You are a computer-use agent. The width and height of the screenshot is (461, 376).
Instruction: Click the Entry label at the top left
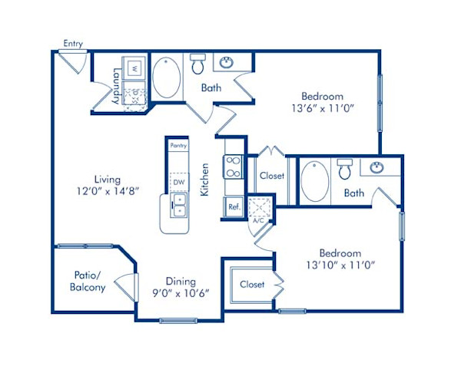click(x=73, y=44)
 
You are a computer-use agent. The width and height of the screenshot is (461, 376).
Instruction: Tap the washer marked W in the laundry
click(x=132, y=68)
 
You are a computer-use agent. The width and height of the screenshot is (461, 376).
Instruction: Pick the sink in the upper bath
click(x=227, y=62)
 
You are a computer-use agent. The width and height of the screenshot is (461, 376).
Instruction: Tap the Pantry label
click(x=179, y=144)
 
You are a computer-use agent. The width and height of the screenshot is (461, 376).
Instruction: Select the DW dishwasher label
click(x=178, y=182)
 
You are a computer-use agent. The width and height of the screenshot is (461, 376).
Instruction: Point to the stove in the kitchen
click(x=233, y=167)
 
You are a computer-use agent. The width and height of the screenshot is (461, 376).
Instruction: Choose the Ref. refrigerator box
click(x=233, y=206)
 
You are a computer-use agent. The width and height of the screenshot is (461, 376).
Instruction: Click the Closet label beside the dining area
click(x=252, y=284)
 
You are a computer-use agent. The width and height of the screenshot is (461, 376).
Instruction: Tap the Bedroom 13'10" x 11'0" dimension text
click(x=340, y=259)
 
